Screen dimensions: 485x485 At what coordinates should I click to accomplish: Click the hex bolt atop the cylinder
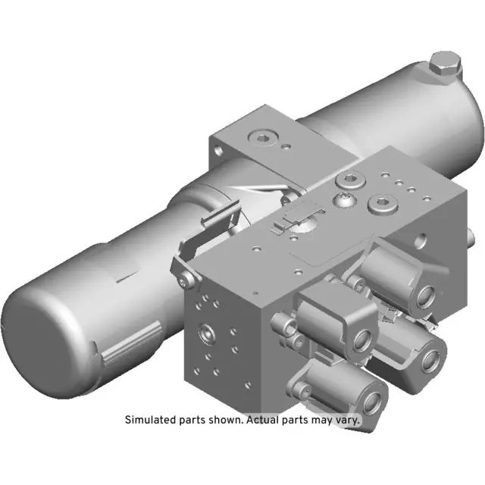coord(444,67)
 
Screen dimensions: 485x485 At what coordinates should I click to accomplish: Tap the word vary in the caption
coord(346,419)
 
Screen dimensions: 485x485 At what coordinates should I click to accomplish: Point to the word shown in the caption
coord(223,419)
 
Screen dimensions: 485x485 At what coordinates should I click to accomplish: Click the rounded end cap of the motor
coord(45,341)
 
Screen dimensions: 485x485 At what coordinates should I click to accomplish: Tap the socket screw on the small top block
coord(262,138)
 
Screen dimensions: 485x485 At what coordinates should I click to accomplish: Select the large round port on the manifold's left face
coord(207,332)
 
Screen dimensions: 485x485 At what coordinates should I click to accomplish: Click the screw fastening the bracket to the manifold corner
coord(188,282)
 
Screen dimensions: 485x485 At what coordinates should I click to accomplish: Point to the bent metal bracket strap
coord(199,231)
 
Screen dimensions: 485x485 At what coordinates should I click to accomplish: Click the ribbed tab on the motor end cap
coord(125,352)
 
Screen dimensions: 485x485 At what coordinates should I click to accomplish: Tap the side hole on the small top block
coord(218,151)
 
